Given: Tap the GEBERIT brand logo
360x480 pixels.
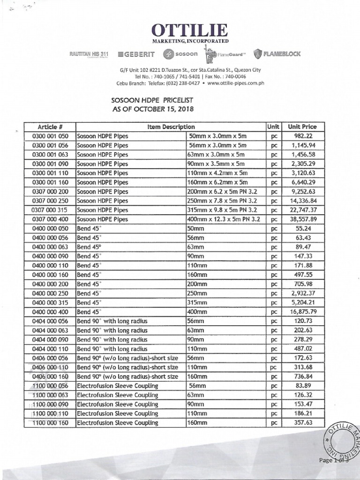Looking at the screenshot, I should (137, 54).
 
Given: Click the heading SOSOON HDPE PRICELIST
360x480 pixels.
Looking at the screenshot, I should (152, 100).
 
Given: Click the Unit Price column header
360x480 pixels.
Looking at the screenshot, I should (302, 127).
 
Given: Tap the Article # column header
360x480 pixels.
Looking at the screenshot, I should (50, 127).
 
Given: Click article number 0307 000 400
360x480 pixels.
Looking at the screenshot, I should (50, 219).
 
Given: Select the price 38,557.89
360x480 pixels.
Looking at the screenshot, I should (302, 219).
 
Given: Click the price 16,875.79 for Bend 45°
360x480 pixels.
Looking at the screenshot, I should (302, 312).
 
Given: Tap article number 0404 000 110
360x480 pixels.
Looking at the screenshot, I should (50, 349).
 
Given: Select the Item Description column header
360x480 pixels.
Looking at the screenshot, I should (171, 127).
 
